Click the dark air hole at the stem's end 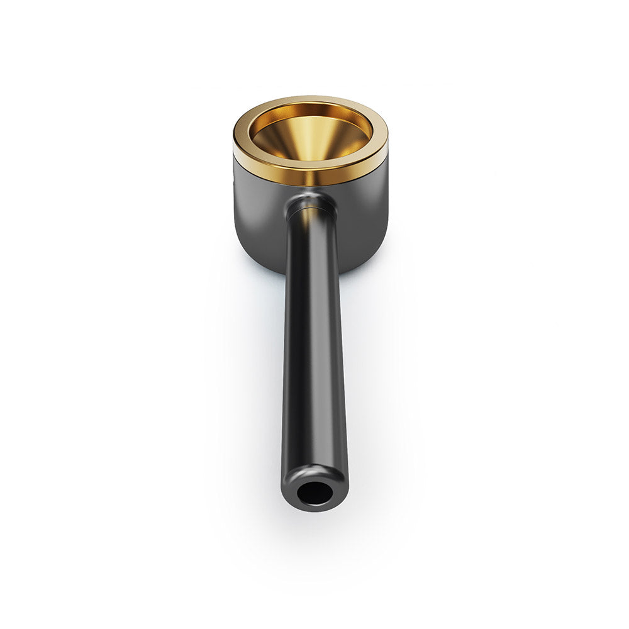pyautogui.click(x=314, y=493)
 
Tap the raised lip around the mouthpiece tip pyautogui.click(x=314, y=470)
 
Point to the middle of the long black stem pyautogui.click(x=314, y=352)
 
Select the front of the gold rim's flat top pyautogui.click(x=311, y=162)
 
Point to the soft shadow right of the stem pyautogui.click(x=371, y=377)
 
